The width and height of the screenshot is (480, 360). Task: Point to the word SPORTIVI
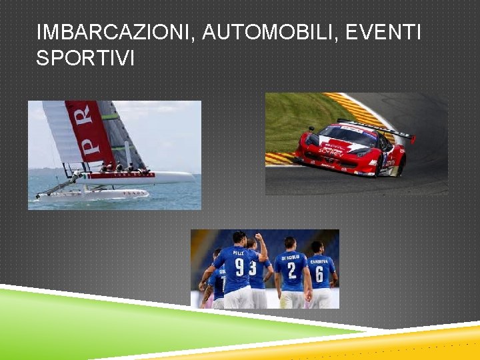coord(85,59)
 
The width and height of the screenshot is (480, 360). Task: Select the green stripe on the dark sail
coord(111,117)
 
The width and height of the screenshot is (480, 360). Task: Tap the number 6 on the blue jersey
coord(320,274)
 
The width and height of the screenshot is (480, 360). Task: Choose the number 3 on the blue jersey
coord(253,269)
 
